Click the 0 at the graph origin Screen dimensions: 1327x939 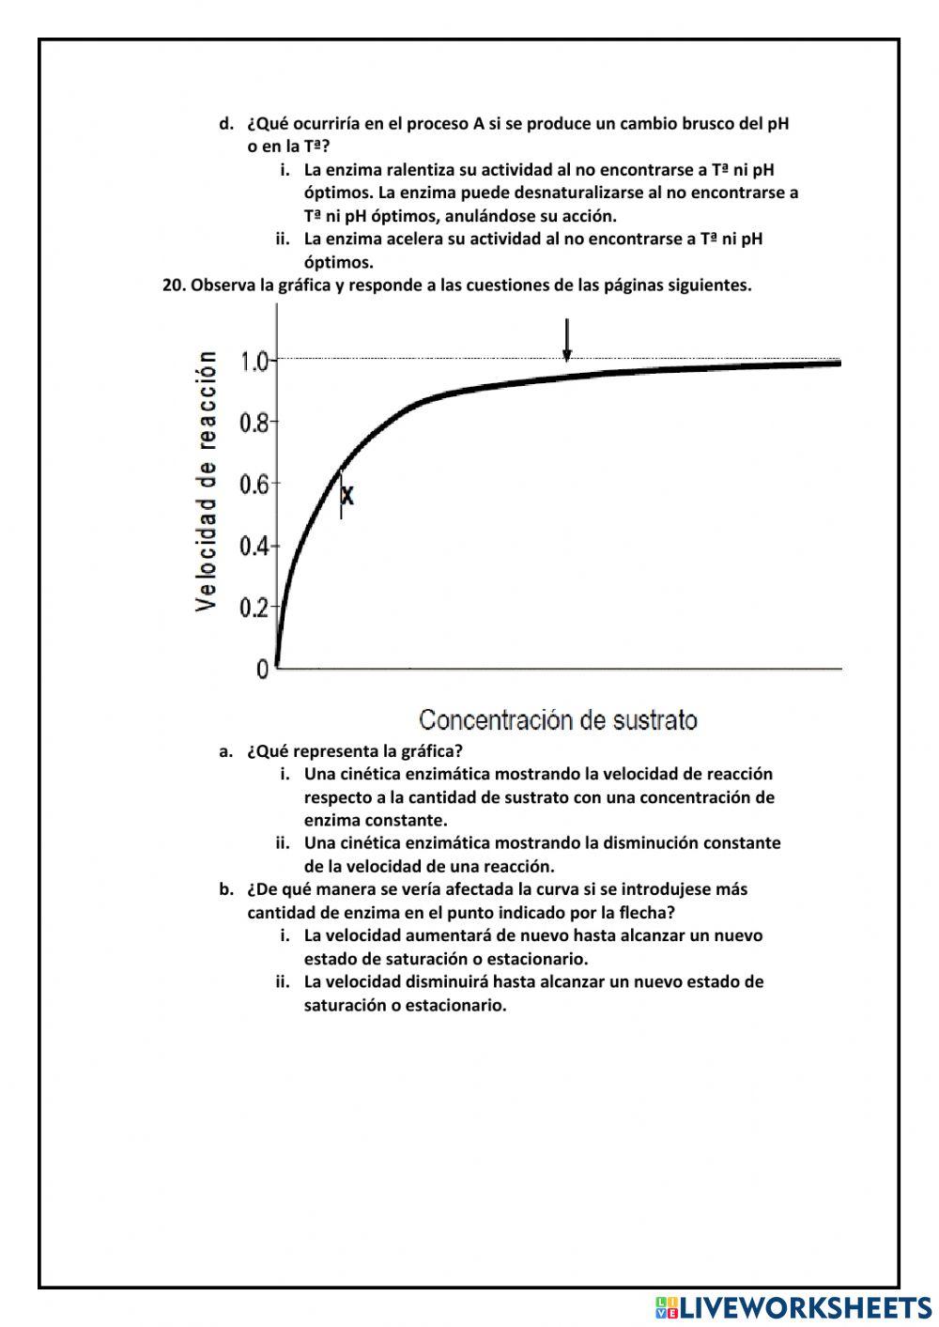(262, 669)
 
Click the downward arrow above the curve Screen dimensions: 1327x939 (566, 340)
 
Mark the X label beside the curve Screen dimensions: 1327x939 (348, 495)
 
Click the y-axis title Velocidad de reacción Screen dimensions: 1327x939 (207, 482)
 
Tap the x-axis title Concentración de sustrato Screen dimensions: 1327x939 (558, 720)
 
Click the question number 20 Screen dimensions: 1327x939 (174, 285)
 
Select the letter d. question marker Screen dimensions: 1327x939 (225, 124)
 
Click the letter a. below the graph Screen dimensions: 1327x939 (225, 751)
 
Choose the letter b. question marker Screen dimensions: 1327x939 (225, 889)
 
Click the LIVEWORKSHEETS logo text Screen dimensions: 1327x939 (805, 1306)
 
